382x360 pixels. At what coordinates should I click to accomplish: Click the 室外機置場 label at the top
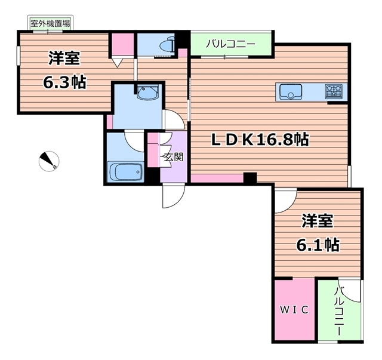50,23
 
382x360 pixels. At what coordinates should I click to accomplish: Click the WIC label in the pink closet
294,309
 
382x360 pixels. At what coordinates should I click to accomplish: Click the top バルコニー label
230,44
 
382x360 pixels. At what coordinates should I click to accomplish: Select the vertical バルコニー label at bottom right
339,310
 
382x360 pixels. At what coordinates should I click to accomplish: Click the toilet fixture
163,44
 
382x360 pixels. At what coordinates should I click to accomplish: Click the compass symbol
50,160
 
